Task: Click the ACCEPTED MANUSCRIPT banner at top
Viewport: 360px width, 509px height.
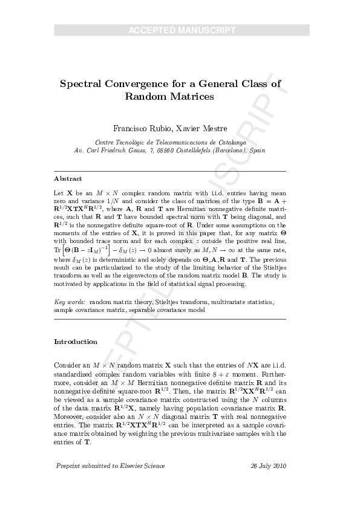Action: pyautogui.click(x=182, y=30)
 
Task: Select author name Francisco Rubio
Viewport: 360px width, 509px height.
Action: pyautogui.click(x=140, y=128)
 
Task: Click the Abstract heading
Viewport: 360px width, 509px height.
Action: pyautogui.click(x=68, y=179)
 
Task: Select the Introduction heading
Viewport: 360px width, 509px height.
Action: pyautogui.click(x=76, y=342)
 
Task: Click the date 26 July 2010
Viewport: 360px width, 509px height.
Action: pyautogui.click(x=268, y=466)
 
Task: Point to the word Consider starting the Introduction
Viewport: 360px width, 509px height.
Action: pyautogui.click(x=68, y=366)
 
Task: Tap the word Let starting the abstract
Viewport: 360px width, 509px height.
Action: pyautogui.click(x=59, y=190)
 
